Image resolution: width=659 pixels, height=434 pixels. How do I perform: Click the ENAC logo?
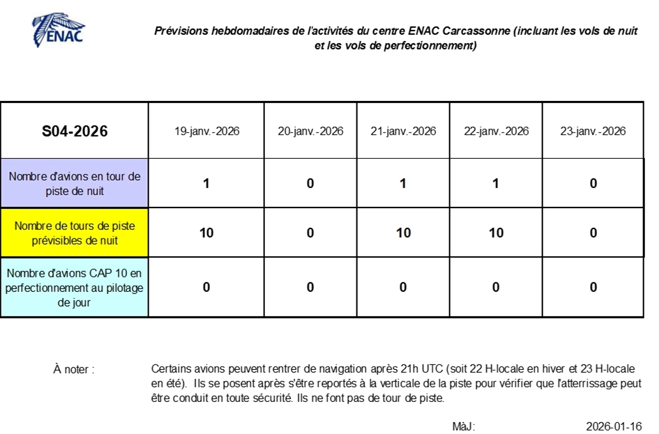coord(59,30)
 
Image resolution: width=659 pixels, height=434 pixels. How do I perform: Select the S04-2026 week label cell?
coord(75,131)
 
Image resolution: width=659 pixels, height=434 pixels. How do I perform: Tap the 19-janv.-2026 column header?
coord(207,132)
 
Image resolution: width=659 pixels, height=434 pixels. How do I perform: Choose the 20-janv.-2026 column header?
coord(310,132)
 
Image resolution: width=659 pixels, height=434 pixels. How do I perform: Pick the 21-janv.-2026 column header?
coord(404,132)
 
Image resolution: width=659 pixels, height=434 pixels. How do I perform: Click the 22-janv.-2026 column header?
coord(497,132)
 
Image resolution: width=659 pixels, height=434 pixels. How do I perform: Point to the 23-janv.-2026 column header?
coord(593,132)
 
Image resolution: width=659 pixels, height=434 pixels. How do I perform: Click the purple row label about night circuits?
coord(75,183)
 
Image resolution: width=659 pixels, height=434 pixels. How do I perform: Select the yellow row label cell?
coord(75,233)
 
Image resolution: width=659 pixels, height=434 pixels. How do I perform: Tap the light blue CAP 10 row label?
coord(75,288)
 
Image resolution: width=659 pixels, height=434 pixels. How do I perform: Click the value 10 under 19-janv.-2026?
coord(206,233)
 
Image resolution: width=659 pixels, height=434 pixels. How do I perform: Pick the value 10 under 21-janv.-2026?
coord(404,233)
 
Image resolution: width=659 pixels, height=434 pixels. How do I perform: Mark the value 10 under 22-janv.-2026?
coord(496,233)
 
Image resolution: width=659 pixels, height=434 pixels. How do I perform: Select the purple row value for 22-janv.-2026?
coord(496,183)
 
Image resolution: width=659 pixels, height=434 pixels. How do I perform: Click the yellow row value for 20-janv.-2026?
coord(310,233)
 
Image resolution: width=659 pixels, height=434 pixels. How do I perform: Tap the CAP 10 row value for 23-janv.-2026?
coord(593,287)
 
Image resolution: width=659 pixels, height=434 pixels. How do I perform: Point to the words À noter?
coord(74,369)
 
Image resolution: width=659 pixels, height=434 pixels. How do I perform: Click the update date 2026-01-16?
coord(614,426)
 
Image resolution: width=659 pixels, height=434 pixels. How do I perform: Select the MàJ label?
coord(464,426)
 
